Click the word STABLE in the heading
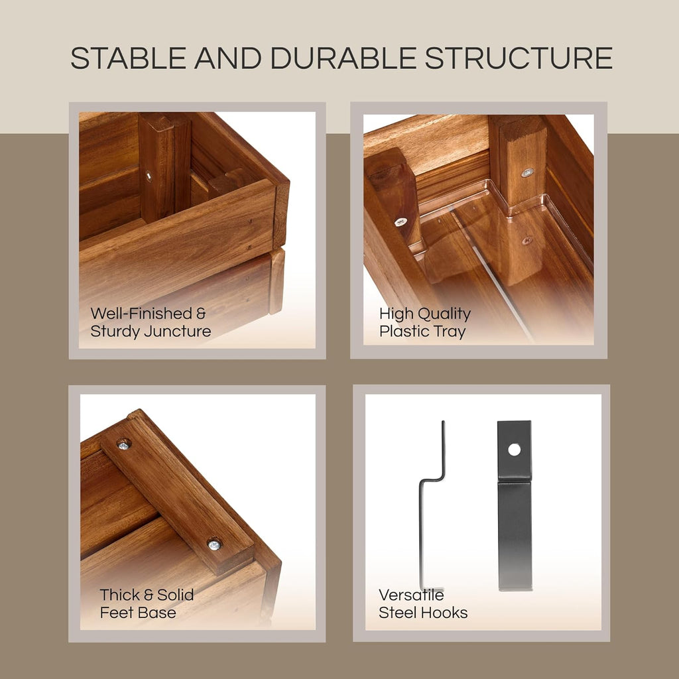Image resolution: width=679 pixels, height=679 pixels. [129, 58]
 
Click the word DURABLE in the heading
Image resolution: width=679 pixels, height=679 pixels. [344, 58]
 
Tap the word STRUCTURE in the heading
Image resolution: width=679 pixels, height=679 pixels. [519, 58]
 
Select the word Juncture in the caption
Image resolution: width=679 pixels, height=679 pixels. [177, 332]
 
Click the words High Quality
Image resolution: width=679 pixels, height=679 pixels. [425, 314]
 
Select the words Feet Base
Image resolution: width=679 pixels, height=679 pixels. [138, 613]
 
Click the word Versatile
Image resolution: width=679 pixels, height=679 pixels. [411, 595]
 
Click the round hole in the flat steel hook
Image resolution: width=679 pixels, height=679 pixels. [514, 450]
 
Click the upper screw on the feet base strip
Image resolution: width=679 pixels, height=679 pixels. [124, 444]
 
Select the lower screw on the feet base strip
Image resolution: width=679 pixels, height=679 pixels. [214, 544]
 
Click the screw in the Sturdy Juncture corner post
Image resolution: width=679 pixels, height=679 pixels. [149, 176]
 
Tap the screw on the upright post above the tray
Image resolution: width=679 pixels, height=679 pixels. [527, 172]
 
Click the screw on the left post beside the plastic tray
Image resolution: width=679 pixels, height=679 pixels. [401, 222]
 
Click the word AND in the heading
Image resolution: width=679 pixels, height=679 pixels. [228, 58]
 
